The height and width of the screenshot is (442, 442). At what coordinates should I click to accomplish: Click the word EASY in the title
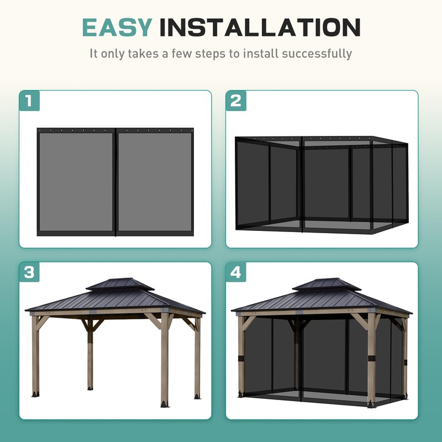point(117,27)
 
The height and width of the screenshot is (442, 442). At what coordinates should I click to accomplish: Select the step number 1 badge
point(29,101)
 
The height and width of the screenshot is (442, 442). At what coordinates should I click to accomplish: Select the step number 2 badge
point(236,101)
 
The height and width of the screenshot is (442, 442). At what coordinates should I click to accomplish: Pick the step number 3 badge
point(29,272)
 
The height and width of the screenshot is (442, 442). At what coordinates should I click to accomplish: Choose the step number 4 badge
point(236,272)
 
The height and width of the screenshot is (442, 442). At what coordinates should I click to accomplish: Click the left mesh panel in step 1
point(76,181)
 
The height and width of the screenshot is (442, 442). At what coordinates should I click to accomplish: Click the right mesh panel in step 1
point(155,181)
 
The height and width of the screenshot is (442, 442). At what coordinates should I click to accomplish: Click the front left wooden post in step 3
point(36,354)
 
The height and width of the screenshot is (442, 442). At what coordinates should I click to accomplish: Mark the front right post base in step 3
point(165,402)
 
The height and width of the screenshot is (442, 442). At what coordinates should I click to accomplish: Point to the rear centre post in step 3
point(90,354)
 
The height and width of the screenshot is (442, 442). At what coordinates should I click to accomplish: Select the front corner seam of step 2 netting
point(301,182)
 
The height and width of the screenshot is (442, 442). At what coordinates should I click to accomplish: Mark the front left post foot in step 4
point(241,394)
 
